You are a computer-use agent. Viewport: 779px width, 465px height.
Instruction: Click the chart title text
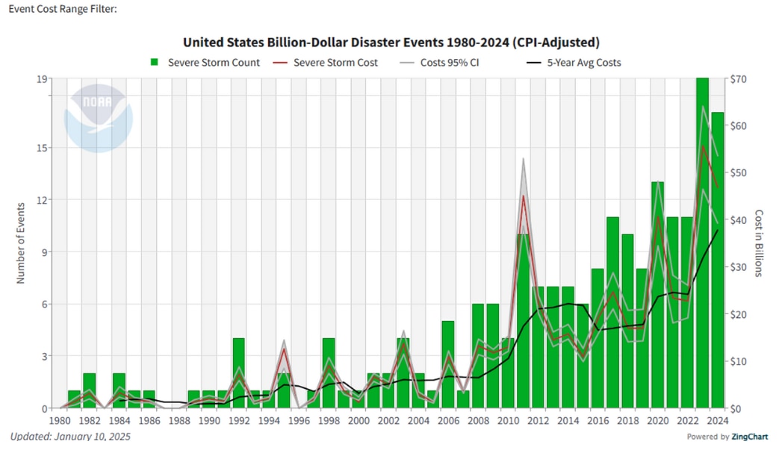pos(391,42)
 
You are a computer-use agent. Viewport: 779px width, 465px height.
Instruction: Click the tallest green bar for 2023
pos(702,246)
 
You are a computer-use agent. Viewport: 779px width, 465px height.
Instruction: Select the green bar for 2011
pos(523,321)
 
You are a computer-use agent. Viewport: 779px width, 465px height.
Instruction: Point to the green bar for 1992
pos(238,373)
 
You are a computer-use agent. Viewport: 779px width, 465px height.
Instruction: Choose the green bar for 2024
pos(717,261)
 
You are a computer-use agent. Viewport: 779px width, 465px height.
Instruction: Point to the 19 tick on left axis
pos(44,78)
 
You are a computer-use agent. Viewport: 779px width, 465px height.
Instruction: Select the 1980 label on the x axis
pos(60,420)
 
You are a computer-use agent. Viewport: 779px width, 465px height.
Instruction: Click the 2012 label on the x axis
pos(538,420)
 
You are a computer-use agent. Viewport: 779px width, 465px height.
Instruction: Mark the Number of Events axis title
pos(21,243)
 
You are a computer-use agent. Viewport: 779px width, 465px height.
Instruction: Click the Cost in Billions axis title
pos(759,243)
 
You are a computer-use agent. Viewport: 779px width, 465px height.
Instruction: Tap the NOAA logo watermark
pos(98,119)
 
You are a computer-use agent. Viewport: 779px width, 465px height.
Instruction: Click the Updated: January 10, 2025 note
pos(70,436)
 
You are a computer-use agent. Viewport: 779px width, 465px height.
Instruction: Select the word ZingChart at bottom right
pos(749,437)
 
